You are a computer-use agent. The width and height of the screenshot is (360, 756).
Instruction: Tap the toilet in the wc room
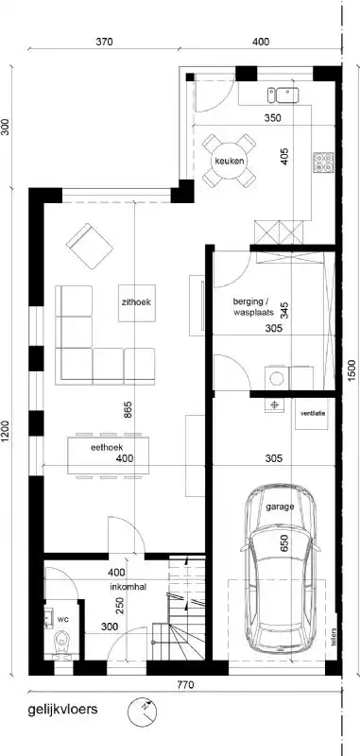click(x=62, y=646)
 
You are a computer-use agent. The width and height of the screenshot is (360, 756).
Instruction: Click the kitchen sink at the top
click(x=283, y=94)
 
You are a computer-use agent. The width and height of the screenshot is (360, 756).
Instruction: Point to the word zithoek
click(x=137, y=303)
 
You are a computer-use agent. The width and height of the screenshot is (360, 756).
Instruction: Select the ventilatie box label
click(x=313, y=414)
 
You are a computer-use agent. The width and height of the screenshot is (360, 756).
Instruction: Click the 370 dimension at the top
click(x=104, y=42)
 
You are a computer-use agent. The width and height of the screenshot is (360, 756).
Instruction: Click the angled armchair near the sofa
click(x=88, y=243)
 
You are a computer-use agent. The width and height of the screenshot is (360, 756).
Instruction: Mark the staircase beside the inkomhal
click(x=185, y=614)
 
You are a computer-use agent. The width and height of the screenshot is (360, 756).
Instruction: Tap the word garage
click(x=280, y=507)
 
